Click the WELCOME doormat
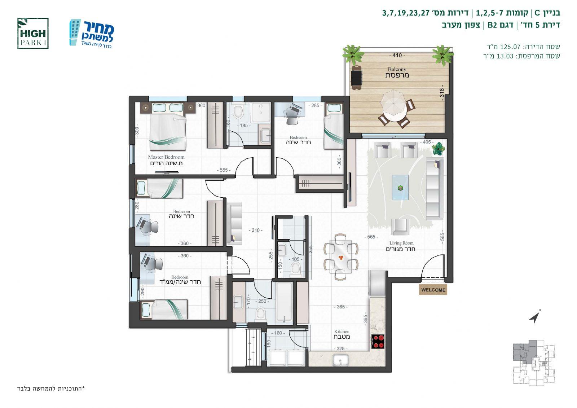[x=433, y=290]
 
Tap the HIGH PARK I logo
[x=33, y=34]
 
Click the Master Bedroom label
[x=166, y=160]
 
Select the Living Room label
[x=401, y=246]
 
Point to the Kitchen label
[x=342, y=334]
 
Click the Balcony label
[x=397, y=73]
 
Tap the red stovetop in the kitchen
[x=378, y=342]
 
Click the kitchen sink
[x=341, y=360]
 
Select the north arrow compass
[x=535, y=316]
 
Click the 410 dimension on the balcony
[x=397, y=56]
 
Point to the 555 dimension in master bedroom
[x=224, y=170]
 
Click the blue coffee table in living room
[x=400, y=187]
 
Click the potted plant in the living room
[x=438, y=149]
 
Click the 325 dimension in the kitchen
[x=340, y=348]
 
